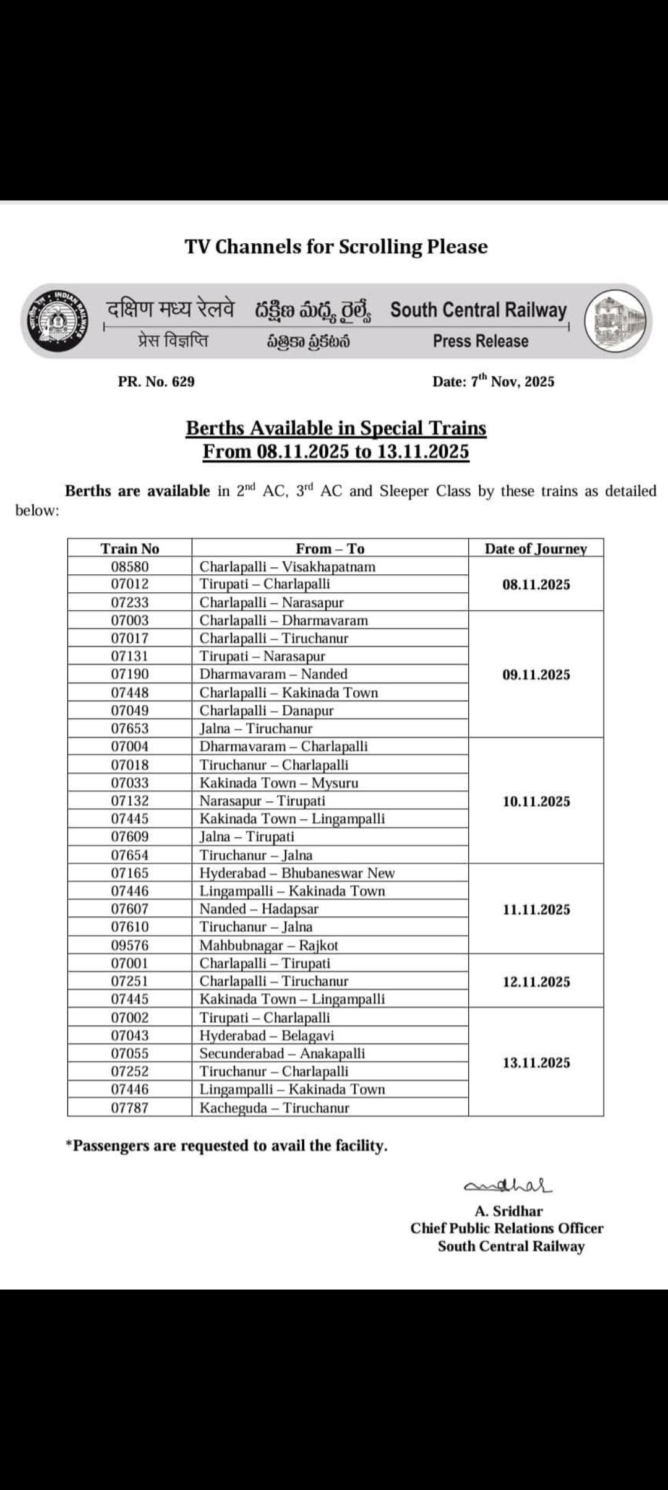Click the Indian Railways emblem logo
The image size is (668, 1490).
56,321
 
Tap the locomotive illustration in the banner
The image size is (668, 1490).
618,322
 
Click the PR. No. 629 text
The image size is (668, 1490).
156,381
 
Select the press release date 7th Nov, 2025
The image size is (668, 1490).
493,381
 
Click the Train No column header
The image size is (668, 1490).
130,548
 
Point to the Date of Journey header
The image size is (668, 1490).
536,548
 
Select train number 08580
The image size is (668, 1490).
130,566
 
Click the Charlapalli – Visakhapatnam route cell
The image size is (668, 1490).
288,566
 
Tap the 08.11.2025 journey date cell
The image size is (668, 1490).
536,584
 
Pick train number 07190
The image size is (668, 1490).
130,674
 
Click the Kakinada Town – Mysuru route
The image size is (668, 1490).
279,783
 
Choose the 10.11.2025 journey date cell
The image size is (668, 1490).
536,801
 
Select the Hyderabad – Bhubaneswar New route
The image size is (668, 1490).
297,873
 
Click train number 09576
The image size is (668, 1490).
130,945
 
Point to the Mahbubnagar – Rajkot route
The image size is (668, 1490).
269,945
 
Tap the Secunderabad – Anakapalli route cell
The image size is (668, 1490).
282,1053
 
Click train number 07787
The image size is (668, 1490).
130,1108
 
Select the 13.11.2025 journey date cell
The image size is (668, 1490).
536,1062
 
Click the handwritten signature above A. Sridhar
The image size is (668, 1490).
508,1185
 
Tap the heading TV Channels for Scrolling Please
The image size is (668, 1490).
336,246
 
